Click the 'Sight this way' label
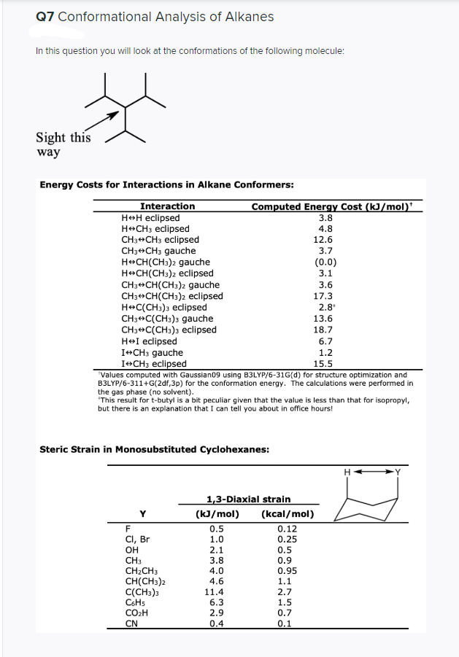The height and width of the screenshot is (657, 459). point(63,144)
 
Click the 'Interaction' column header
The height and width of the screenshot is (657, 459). point(167,206)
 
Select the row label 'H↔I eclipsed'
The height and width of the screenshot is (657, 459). point(149,341)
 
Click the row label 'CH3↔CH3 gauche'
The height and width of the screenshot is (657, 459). point(158,251)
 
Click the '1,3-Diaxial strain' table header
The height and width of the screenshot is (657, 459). point(249,499)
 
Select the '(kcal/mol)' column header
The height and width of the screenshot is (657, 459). point(287,513)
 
